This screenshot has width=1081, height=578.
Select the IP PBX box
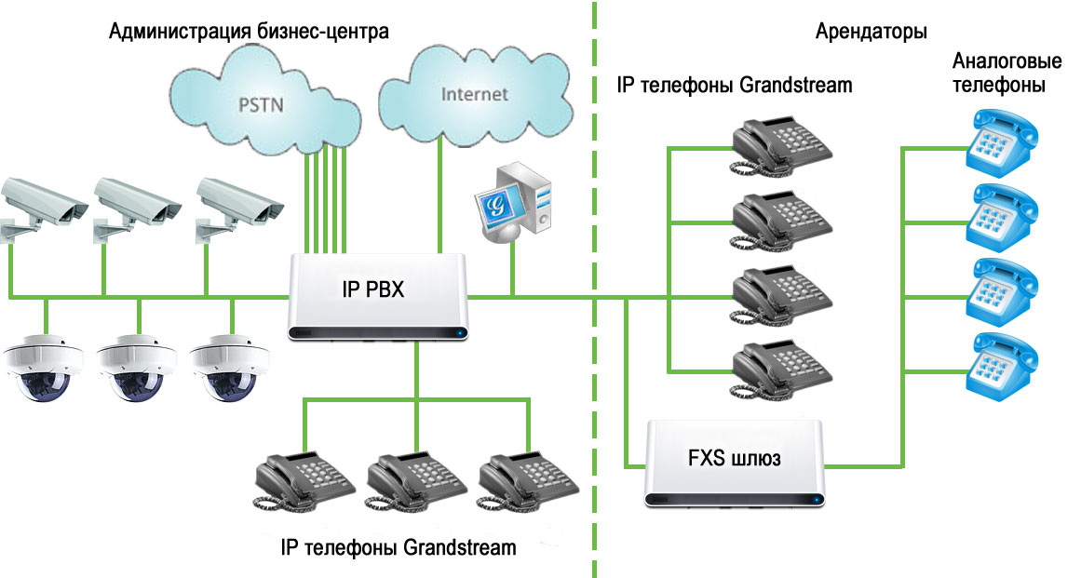(378, 296)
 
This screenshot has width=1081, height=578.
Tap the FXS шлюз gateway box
(735, 463)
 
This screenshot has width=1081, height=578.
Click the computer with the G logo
(513, 201)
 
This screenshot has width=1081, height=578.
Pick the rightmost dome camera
(230, 368)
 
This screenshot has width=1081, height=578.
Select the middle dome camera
(137, 368)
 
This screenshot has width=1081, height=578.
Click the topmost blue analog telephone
(1002, 142)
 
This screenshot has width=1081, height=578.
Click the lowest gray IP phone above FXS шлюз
(781, 370)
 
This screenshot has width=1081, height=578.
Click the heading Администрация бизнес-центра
(249, 32)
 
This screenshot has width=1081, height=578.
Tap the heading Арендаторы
(871, 32)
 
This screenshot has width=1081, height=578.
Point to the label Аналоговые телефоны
(1007, 73)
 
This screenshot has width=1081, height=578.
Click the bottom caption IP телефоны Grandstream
(399, 547)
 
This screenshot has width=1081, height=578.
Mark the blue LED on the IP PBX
(458, 334)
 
